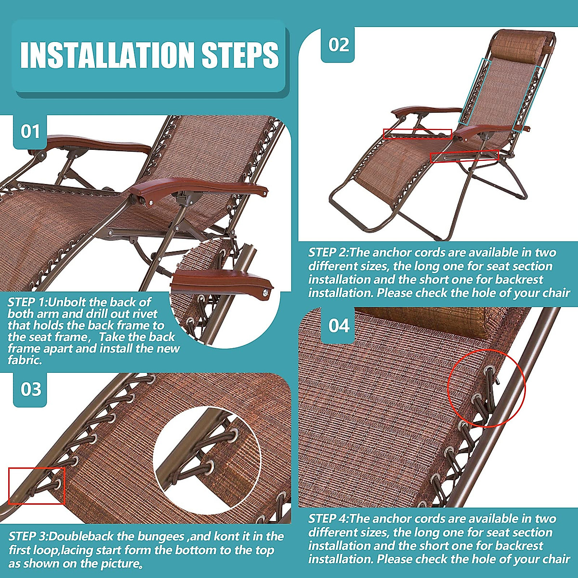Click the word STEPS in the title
click(x=240, y=55)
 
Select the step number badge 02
click(x=338, y=45)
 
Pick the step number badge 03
click(x=30, y=389)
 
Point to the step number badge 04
click(x=338, y=326)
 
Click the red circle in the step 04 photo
click(x=486, y=388)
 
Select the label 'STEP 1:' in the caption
click(x=27, y=302)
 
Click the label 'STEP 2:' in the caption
click(x=328, y=253)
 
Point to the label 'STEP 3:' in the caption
click(x=28, y=537)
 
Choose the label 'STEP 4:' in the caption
click(x=328, y=519)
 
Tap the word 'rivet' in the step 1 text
click(x=144, y=314)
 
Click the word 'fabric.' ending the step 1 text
click(x=25, y=360)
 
